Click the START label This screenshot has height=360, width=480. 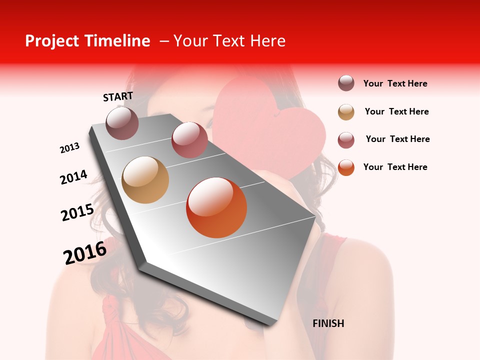pos(118,96)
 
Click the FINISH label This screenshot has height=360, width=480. pos(328,323)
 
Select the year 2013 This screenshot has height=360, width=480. pos(69,148)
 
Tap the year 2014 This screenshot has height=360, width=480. pos(73,177)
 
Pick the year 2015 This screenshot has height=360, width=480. pos(77,212)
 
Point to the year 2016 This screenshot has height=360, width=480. pos(85,252)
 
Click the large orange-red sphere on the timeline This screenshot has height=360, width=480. pos(216,207)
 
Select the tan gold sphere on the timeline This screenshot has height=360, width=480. pos(145,180)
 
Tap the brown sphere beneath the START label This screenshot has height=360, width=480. pos(122,123)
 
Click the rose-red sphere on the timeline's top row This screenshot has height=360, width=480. pos(189,139)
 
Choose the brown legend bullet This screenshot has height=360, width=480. pos(346,83)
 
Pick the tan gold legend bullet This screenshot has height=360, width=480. pos(346,112)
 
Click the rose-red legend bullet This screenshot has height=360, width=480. pos(346,140)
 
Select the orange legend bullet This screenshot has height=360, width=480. pos(346,167)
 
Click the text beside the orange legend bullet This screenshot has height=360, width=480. pos(395,167)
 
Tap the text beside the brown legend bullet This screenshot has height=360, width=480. pos(395,83)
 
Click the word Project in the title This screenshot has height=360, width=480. pos(53,41)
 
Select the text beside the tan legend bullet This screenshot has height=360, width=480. pos(396,111)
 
